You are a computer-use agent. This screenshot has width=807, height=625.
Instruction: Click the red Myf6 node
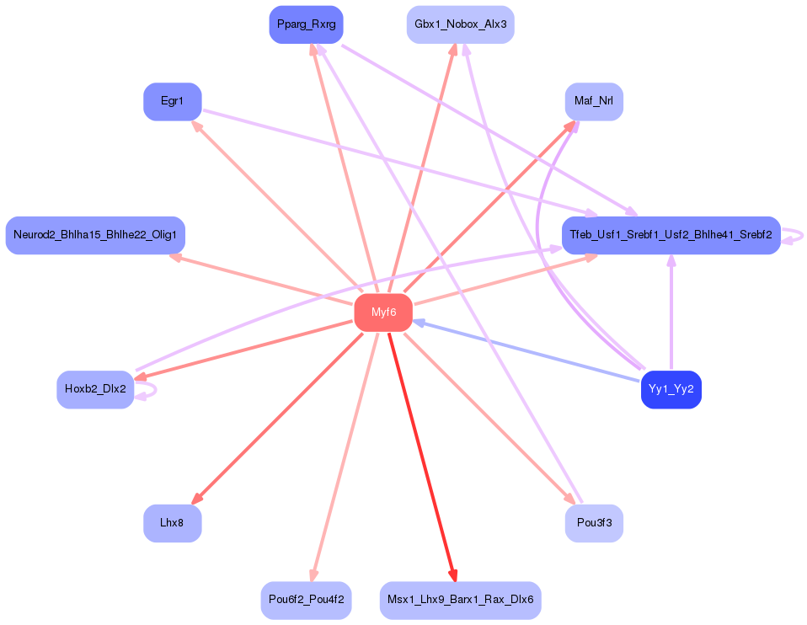(383, 312)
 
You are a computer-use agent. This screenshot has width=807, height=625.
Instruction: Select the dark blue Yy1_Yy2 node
(671, 389)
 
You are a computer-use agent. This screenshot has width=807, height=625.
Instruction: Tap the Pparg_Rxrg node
(307, 24)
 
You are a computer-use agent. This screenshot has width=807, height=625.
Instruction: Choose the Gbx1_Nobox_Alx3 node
(460, 24)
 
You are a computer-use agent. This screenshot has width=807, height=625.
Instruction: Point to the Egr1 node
(172, 101)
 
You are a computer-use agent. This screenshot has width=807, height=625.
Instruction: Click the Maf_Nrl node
(593, 101)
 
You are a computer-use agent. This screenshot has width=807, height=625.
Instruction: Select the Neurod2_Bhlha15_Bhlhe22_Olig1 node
(95, 235)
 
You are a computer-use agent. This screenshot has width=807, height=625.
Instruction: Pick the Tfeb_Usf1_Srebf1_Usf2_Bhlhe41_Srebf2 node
(671, 235)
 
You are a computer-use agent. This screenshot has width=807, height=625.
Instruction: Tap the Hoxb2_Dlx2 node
(95, 389)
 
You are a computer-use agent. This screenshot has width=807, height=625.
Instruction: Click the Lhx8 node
(172, 523)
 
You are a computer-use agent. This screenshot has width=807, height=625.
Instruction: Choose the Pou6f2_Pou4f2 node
(305, 601)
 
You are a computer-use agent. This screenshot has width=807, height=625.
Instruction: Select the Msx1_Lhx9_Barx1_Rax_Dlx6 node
(460, 601)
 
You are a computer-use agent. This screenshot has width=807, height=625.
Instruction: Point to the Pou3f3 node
(593, 523)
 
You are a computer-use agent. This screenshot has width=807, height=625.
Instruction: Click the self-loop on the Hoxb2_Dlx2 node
(149, 390)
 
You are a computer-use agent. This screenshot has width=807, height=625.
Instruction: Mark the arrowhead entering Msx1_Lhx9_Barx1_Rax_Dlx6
(454, 575)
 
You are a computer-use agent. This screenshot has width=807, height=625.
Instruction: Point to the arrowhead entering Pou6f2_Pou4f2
(313, 575)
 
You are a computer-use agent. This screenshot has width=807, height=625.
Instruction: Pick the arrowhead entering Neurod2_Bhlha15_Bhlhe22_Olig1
(175, 260)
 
